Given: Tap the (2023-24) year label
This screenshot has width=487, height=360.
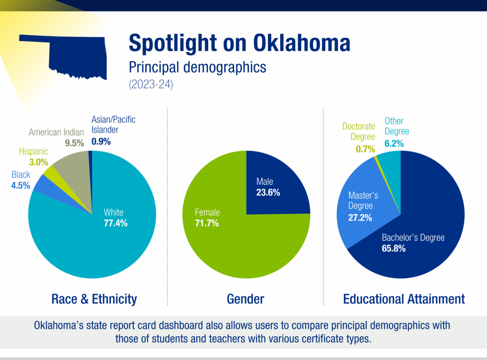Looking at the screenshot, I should click(151, 84).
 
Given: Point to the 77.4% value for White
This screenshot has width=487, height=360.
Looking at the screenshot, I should click(115, 223).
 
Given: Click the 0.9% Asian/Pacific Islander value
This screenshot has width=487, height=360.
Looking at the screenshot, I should click(101, 141).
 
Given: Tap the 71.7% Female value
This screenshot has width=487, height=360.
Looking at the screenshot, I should click(207, 223).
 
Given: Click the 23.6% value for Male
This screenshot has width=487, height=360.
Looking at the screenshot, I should click(268, 192).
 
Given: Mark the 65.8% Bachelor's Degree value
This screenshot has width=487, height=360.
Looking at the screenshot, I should click(394, 248).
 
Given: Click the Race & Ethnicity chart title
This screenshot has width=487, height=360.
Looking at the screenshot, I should click(94, 299).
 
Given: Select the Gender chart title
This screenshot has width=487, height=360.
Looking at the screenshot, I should click(245, 299).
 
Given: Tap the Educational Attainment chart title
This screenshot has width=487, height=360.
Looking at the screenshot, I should click(404, 299).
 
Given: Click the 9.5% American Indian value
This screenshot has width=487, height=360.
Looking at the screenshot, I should click(75, 144).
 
